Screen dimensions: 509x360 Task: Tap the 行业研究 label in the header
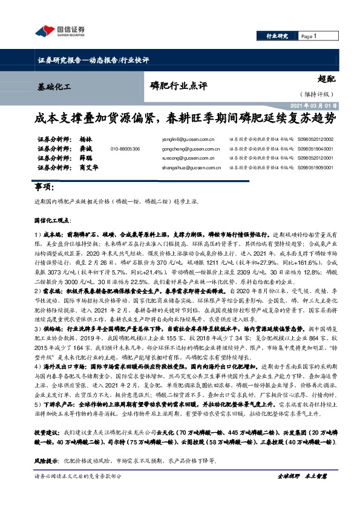[x=277, y=37]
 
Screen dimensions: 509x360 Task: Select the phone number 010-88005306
[x=125, y=149]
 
